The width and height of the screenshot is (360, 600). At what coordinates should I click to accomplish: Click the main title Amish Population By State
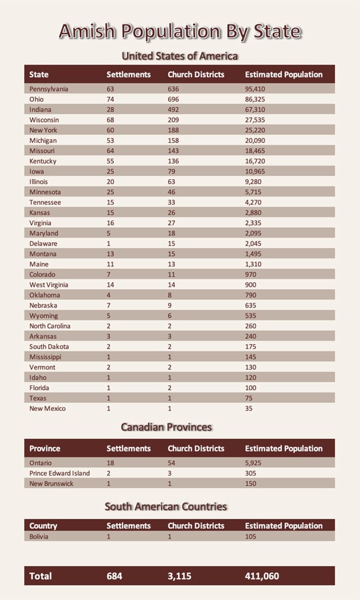[180, 31]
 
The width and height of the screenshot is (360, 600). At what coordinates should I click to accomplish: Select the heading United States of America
[180, 56]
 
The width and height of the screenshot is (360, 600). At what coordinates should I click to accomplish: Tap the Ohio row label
[37, 99]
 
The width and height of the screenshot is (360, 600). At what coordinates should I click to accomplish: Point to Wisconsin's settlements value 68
[111, 120]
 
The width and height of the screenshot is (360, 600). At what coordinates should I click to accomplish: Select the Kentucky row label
[43, 161]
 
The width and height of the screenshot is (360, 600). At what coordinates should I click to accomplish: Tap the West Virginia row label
[50, 285]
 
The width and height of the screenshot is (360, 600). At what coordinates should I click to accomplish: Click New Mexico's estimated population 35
[249, 408]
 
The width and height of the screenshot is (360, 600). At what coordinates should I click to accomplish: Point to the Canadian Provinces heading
[166, 427]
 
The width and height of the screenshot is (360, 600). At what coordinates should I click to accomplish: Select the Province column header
[45, 449]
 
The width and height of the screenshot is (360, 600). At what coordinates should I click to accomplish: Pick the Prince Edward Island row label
[60, 473]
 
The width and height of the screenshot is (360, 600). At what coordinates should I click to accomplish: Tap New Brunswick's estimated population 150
[252, 484]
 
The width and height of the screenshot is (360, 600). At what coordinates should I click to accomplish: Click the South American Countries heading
[166, 506]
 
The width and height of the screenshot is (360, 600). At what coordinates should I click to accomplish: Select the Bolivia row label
[39, 537]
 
